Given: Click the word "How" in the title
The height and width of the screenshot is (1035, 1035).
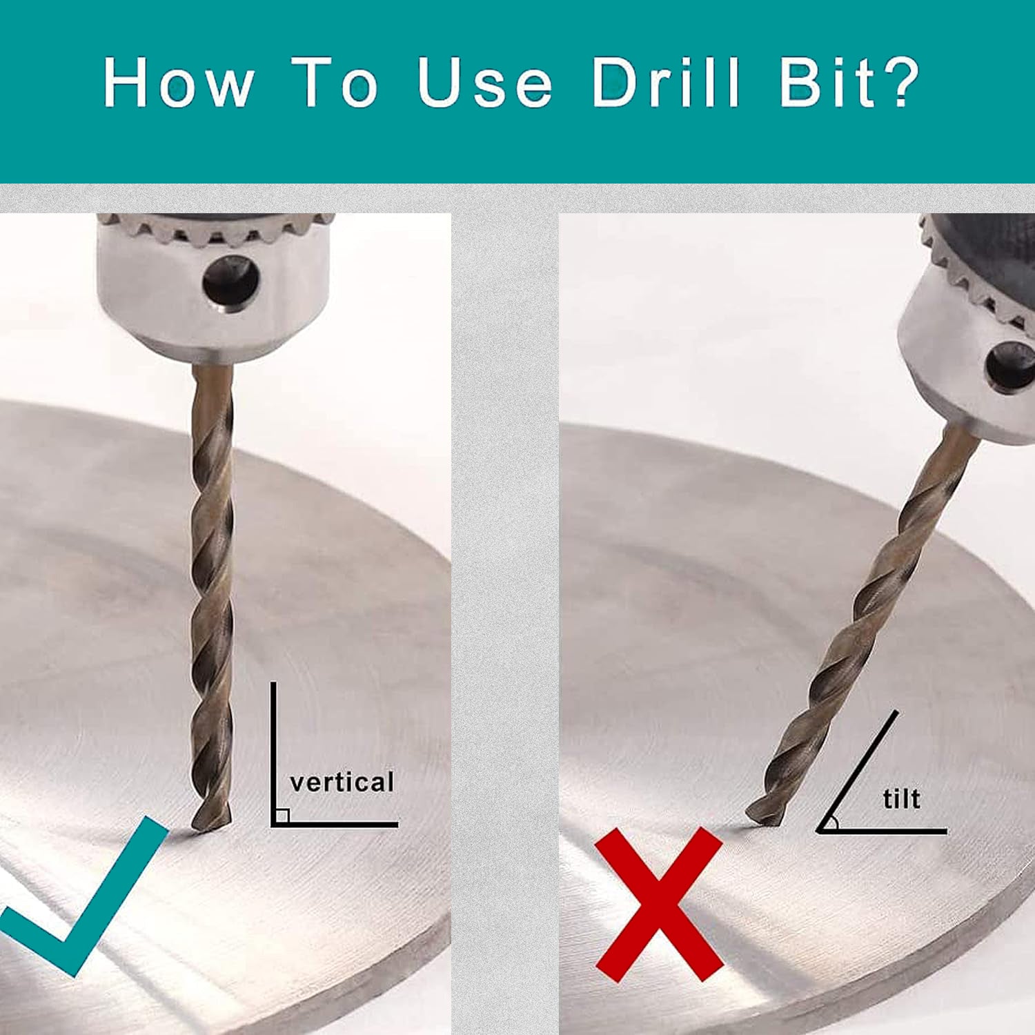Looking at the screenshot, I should (178, 83).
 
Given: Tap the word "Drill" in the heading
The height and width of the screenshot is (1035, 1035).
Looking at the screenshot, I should (665, 83).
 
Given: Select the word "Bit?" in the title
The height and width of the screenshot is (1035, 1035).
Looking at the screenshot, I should (850, 83).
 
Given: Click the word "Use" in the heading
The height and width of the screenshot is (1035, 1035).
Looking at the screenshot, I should (484, 83).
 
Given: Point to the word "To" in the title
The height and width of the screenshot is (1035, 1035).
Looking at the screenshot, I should (335, 83).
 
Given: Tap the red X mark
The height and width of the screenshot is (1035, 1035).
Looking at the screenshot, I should (659, 904).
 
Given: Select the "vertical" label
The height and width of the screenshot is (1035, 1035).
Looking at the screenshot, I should (342, 782).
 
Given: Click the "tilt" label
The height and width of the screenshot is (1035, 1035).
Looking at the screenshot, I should (901, 799).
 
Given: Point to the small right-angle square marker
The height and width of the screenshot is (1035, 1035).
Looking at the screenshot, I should (282, 816).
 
